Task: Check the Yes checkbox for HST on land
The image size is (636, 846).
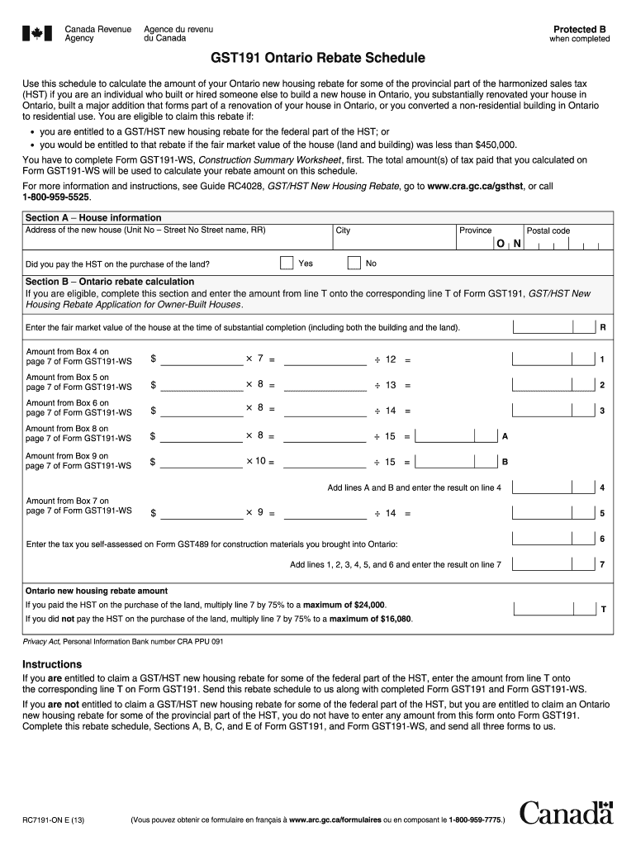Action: point(287,264)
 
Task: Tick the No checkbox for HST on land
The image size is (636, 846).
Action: point(354,264)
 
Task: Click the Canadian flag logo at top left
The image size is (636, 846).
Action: point(36,33)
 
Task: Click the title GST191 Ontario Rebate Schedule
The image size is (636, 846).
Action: point(318,59)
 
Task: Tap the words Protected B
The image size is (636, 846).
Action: point(580,29)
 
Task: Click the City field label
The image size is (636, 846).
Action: point(343,231)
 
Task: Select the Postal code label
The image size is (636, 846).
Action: point(548,231)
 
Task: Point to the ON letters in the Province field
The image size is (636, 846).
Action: point(509,245)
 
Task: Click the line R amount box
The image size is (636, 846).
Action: point(554,327)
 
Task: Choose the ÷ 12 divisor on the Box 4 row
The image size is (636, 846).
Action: point(386,359)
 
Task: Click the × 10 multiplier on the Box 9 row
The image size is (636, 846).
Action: point(256,461)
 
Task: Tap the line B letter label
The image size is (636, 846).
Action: point(505,462)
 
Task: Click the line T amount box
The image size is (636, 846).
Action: point(554,609)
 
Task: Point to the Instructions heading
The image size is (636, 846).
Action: point(52,664)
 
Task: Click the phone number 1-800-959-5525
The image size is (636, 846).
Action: point(55,197)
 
